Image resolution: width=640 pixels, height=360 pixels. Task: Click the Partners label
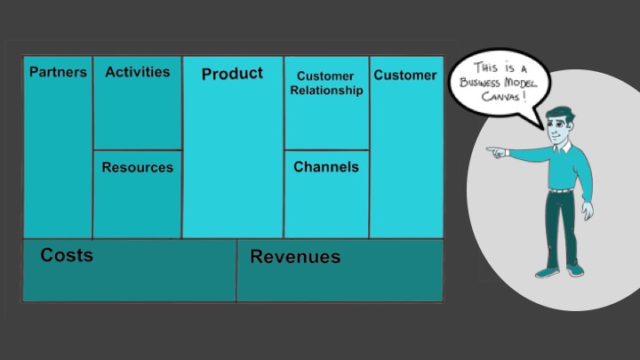(58, 73)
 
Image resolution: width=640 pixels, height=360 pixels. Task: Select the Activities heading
(137, 73)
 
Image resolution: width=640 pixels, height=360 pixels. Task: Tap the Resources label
(137, 167)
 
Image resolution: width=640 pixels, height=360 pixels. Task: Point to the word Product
(232, 74)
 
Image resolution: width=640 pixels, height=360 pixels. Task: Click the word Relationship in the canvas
(326, 91)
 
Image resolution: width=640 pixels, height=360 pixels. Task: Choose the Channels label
(326, 167)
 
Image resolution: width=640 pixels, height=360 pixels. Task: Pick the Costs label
(67, 256)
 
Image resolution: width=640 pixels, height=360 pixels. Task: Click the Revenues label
(295, 258)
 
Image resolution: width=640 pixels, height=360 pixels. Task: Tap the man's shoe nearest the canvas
(546, 269)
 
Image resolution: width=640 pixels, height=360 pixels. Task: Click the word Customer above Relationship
(324, 76)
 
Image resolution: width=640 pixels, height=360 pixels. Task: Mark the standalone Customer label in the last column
(405, 76)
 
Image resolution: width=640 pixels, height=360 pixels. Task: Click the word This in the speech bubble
(485, 67)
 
